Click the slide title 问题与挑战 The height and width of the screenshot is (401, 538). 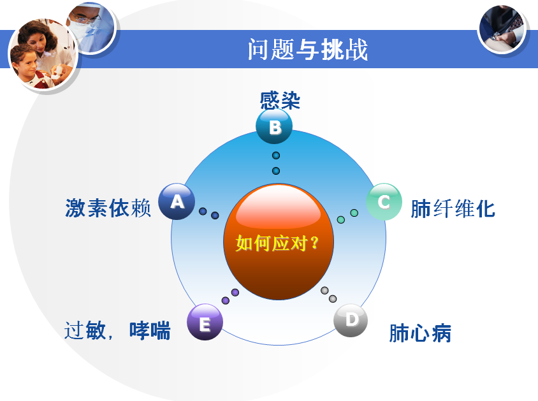[308, 49]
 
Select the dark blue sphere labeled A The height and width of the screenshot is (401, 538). [177, 201]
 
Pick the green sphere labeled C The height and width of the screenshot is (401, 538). [384, 201]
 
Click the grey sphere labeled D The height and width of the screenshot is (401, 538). [351, 320]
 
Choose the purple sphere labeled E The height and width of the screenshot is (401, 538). [205, 322]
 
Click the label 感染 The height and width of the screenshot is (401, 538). [280, 101]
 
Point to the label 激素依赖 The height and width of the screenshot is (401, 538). [108, 208]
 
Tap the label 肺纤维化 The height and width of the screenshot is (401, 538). [453, 208]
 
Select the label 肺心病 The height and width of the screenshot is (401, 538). [420, 333]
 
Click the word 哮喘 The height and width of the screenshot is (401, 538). [150, 331]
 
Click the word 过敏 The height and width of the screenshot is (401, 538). [85, 330]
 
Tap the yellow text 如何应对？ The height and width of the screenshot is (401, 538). [277, 243]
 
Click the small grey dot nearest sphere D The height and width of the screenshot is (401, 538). [333, 299]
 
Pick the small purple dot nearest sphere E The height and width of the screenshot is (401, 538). [226, 300]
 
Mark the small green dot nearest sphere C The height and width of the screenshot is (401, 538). [354, 213]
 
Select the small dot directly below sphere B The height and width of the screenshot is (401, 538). [276, 156]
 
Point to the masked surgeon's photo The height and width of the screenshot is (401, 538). [92, 27]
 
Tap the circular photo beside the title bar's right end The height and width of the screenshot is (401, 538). [502, 29]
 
